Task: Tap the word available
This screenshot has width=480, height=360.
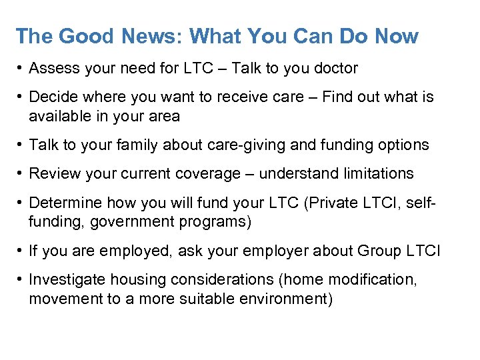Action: point(59,116)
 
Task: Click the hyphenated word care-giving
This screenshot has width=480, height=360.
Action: point(215,145)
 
